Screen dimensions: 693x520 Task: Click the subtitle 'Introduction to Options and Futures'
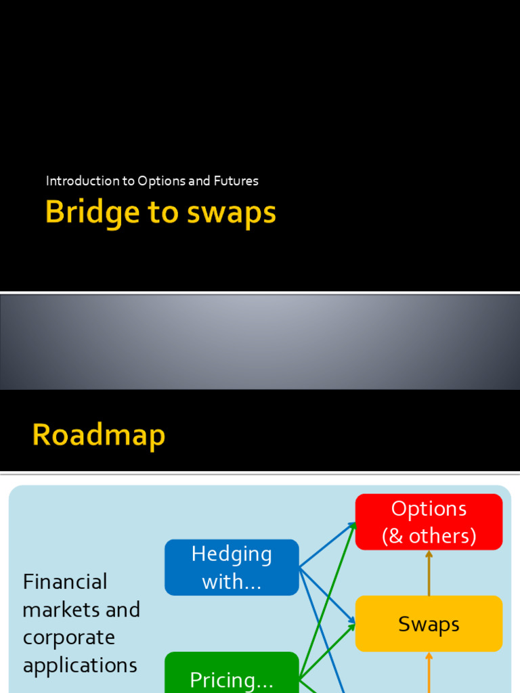coord(152,181)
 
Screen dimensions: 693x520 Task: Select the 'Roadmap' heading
coord(99,434)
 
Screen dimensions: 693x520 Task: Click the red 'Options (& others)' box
coord(429,522)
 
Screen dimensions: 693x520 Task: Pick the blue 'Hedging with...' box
coord(232,567)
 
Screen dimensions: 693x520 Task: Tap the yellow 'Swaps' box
coord(429,623)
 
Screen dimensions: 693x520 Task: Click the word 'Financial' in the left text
coord(65,581)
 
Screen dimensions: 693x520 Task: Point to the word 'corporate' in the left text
coord(68,638)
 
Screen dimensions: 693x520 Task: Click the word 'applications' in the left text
coord(80,665)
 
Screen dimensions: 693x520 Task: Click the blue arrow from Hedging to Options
coord(328,545)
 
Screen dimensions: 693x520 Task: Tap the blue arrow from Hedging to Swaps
coord(328,595)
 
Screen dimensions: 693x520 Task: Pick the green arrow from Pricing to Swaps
coord(328,650)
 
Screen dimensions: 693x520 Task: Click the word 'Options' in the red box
coord(429,509)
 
